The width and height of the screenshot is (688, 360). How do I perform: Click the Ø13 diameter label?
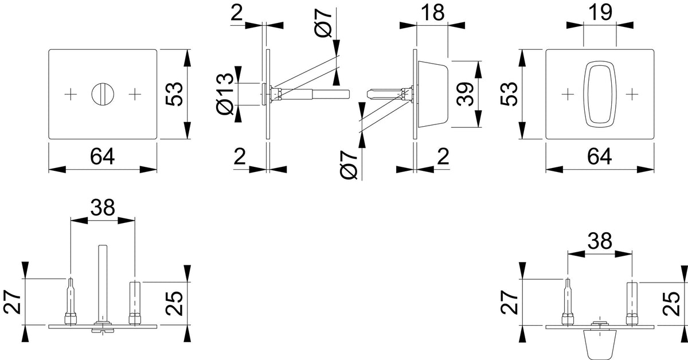[225, 94]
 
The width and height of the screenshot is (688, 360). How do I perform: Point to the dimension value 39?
[465, 94]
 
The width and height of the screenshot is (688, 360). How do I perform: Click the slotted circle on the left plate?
[103, 94]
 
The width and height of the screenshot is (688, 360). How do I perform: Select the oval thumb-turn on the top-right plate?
[600, 94]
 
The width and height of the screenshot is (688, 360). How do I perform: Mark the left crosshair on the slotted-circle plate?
[71, 94]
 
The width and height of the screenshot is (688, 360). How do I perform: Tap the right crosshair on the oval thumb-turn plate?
[632, 94]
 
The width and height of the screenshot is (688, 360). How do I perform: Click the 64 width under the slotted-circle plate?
[102, 156]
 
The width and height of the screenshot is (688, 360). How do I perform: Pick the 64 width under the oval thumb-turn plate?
[600, 156]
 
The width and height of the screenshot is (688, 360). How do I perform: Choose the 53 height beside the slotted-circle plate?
[174, 94]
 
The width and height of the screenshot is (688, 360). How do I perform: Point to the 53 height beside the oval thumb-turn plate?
[509, 94]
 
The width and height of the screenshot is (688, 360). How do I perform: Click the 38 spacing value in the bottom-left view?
[103, 208]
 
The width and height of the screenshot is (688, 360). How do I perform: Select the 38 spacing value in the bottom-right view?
[600, 241]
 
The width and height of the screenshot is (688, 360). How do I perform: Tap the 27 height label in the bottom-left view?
[12, 303]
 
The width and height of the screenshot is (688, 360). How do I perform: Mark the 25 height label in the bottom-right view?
[671, 303]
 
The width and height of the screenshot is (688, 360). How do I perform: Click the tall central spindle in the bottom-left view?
[103, 283]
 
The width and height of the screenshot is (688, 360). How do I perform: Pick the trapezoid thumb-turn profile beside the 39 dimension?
[433, 94]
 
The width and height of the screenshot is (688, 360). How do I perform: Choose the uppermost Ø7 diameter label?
[323, 23]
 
